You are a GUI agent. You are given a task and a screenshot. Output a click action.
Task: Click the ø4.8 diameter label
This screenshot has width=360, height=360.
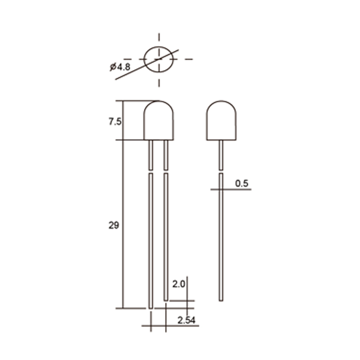point(120,67)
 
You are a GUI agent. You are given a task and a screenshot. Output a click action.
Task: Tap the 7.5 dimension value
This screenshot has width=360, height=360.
point(115,121)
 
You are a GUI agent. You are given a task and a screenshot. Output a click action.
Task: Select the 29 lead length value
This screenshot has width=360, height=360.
point(113,226)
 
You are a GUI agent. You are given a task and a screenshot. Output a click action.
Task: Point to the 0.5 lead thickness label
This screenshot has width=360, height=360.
point(242,184)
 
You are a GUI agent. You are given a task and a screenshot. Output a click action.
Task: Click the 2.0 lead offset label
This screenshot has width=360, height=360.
point(179,284)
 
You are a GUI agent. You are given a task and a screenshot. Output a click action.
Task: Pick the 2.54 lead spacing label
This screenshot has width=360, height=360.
point(187,320)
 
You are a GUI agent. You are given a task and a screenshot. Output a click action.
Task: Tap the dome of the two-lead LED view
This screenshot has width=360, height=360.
point(158,101)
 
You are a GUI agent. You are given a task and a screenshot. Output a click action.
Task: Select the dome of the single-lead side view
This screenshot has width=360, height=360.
point(221,101)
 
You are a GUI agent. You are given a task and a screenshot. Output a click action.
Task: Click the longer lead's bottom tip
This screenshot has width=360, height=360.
point(151,308)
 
